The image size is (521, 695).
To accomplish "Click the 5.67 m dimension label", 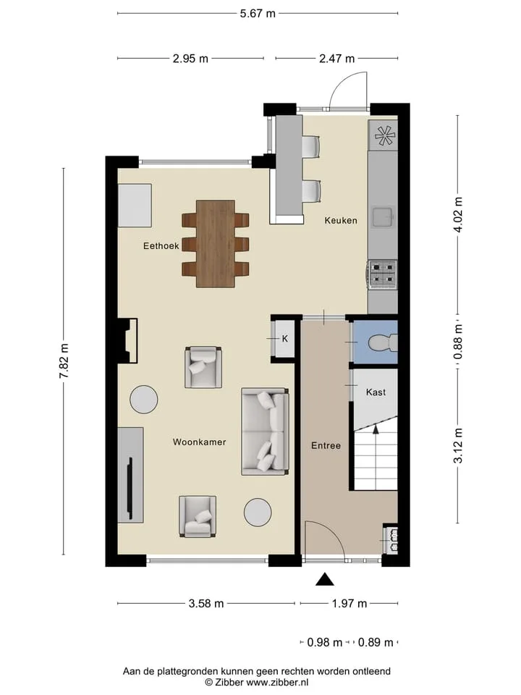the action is [258, 13].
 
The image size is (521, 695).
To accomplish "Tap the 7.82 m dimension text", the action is [64, 361].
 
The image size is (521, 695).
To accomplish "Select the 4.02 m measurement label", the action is [458, 215].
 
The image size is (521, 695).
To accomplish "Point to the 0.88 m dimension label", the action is [458, 342].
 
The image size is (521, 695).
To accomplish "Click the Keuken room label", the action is [341, 220].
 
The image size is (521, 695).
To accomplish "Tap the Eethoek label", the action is [161, 245].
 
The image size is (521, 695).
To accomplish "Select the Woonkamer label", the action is [200, 442].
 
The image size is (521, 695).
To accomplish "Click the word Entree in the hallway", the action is [326, 445].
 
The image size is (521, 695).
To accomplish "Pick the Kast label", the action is [376, 392].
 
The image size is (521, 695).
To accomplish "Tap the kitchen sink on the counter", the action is [384, 218].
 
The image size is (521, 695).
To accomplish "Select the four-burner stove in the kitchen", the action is [382, 274].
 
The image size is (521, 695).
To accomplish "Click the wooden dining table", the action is [216, 243].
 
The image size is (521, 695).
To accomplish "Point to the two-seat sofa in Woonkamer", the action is [266, 431].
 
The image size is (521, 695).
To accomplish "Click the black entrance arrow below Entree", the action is [325, 579].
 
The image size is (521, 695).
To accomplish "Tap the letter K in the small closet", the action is [285, 339].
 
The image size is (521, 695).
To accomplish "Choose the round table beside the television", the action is [143, 400].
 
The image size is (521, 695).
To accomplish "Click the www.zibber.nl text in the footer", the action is [277, 683].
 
